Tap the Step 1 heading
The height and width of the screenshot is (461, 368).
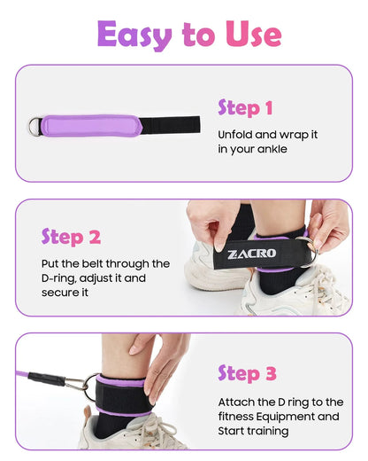[245, 108]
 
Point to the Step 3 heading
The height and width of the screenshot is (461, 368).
[247, 373]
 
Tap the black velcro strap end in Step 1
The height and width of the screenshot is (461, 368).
[169, 125]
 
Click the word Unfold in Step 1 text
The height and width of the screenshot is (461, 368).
[236, 135]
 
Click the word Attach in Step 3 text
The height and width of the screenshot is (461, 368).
[236, 402]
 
